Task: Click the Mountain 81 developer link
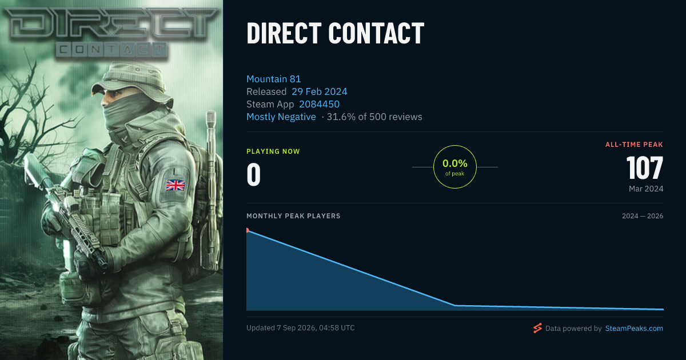pyautogui.click(x=273, y=79)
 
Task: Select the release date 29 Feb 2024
pyautogui.click(x=319, y=91)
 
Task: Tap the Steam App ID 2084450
pyautogui.click(x=319, y=104)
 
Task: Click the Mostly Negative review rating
pyautogui.click(x=281, y=117)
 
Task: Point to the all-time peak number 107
pyautogui.click(x=645, y=168)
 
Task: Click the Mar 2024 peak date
pyautogui.click(x=646, y=189)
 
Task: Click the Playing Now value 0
pyautogui.click(x=254, y=174)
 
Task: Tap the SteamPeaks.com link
pyautogui.click(x=634, y=329)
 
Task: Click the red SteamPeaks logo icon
pyautogui.click(x=537, y=328)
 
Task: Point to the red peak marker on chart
pyautogui.click(x=248, y=230)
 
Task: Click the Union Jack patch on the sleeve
pyautogui.click(x=176, y=185)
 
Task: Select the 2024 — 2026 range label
pyautogui.click(x=643, y=216)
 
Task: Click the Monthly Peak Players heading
pyautogui.click(x=293, y=216)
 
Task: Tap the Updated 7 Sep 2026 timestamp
pyautogui.click(x=301, y=328)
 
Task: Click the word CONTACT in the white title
pyautogui.click(x=376, y=33)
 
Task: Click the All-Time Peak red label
pyautogui.click(x=634, y=145)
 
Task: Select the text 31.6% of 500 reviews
pyautogui.click(x=374, y=117)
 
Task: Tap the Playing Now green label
pyautogui.click(x=273, y=151)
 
